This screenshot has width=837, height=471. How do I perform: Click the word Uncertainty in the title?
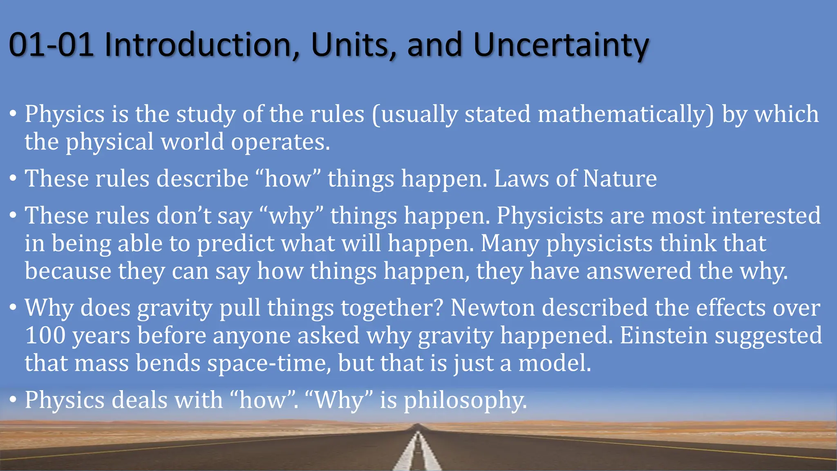coord(561,45)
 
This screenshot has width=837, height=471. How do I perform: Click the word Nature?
coord(620,179)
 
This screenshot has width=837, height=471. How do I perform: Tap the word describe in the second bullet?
coord(203,179)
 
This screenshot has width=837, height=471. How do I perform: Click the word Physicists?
coord(550,215)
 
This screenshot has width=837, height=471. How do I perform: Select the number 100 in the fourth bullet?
coord(45,336)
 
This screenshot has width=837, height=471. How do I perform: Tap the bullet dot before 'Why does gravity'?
coord(13,307)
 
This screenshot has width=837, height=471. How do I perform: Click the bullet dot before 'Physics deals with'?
coord(13,399)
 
